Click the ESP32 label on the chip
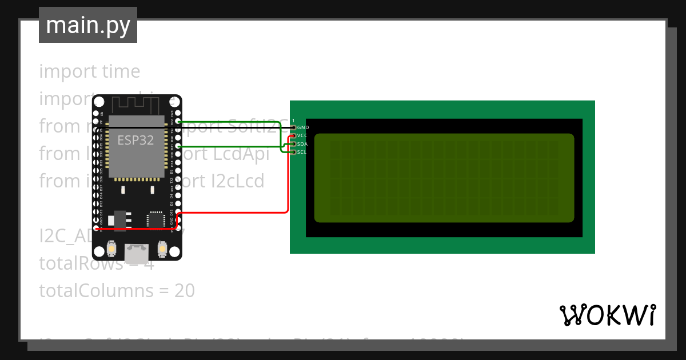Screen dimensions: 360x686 click(135, 140)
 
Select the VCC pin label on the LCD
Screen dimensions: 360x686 click(302, 135)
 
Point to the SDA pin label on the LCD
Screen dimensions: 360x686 click(302, 144)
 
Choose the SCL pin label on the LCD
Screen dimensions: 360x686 click(302, 152)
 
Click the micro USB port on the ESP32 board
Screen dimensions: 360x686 click(137, 250)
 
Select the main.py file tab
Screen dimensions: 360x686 click(88, 25)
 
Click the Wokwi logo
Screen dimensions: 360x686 click(607, 315)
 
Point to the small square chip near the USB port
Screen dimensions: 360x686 click(155, 220)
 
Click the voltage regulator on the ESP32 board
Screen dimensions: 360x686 click(120, 220)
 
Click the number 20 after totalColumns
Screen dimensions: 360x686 click(185, 291)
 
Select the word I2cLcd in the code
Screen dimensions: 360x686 click(236, 181)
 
